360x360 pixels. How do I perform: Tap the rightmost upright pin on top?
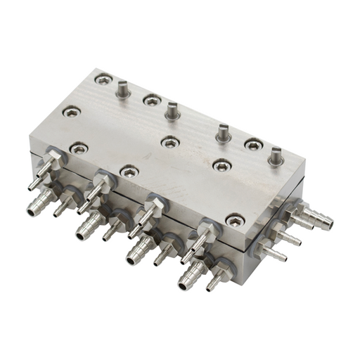(275, 155)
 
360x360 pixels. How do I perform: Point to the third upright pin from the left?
(224, 132)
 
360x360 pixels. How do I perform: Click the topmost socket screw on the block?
(103, 80)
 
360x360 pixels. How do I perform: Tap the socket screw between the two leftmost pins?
(152, 101)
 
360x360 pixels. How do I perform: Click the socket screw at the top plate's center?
(169, 143)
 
